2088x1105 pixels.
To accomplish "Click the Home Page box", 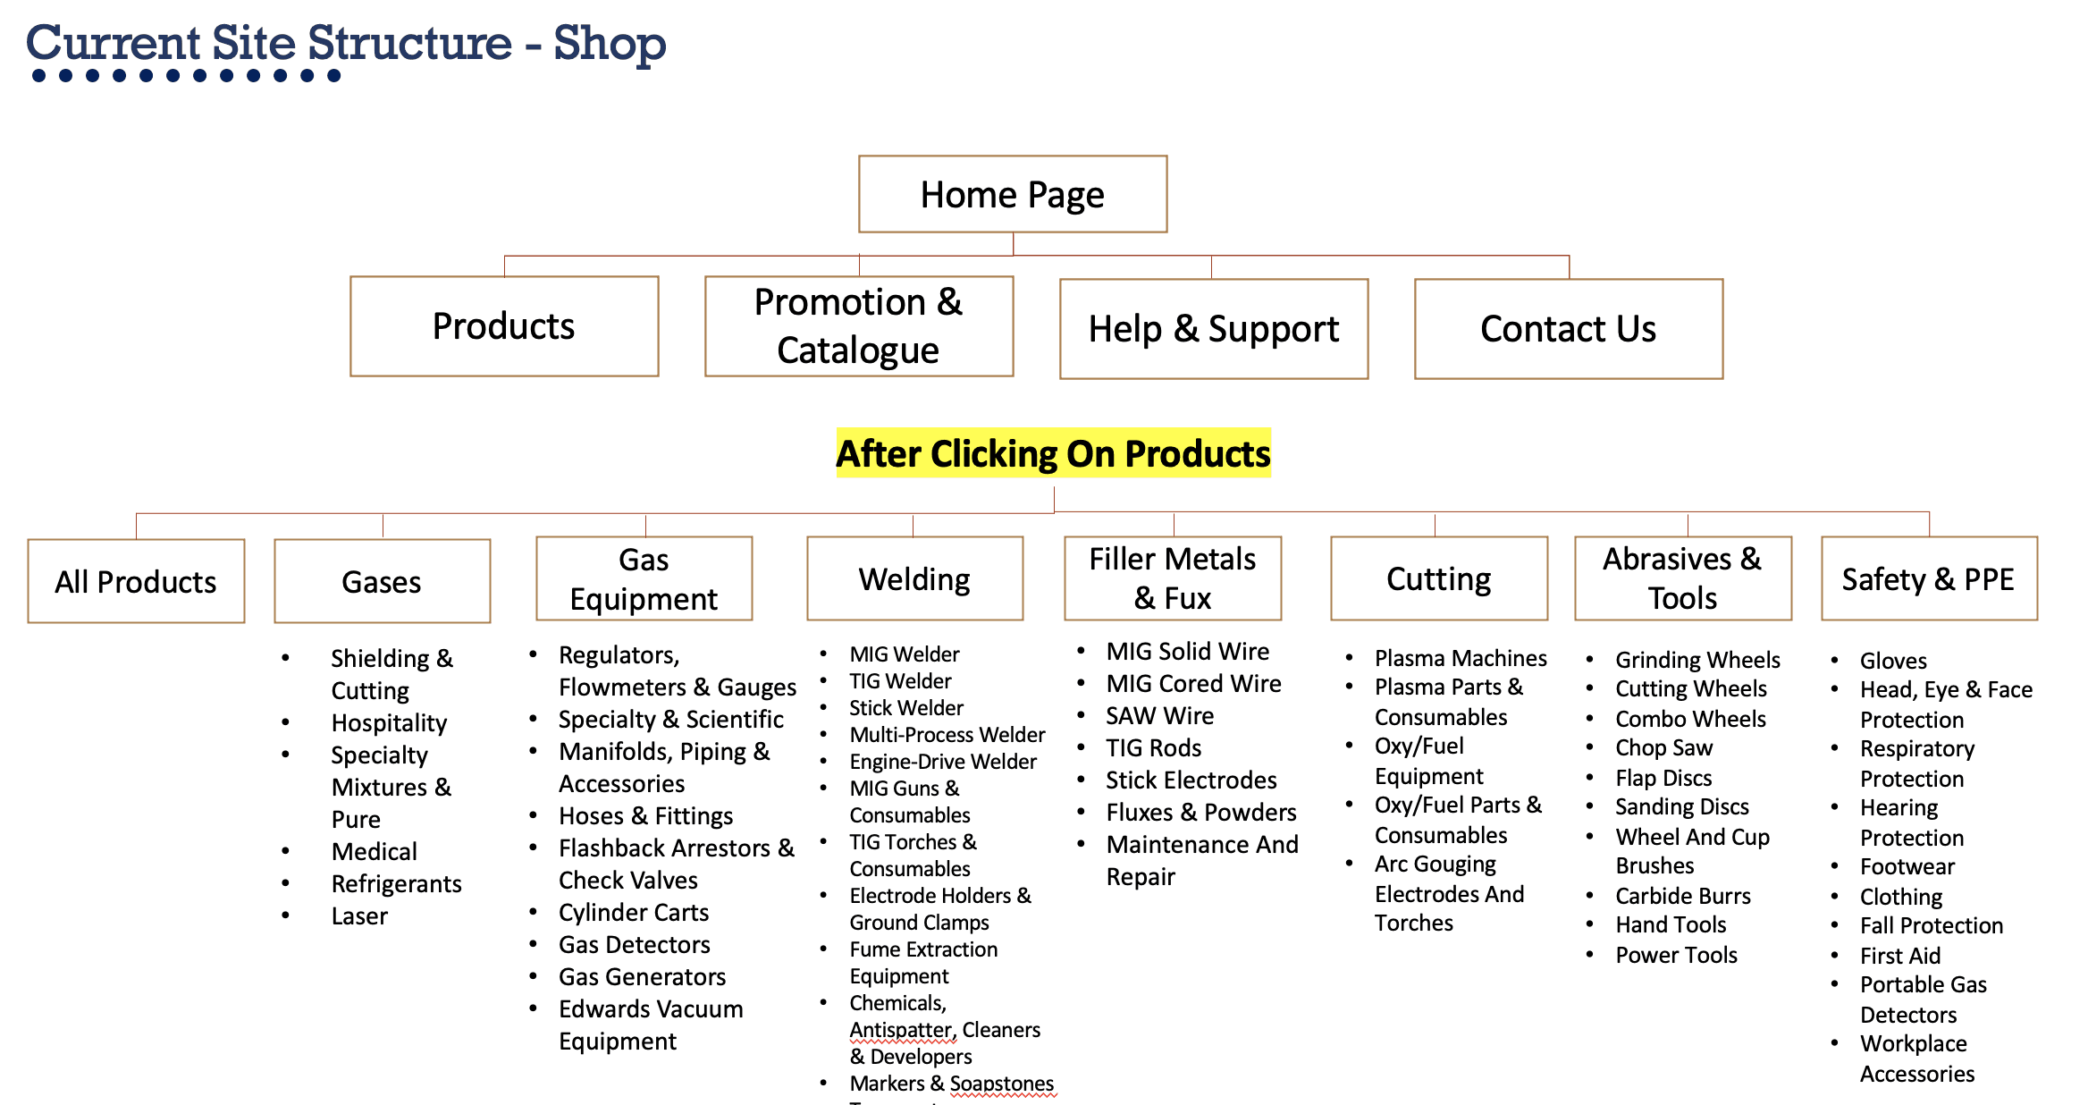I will (x=1012, y=194).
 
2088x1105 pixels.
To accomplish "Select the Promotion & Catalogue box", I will (x=858, y=326).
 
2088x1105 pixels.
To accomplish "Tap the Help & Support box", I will (x=1213, y=329).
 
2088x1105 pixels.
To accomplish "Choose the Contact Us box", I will (x=1568, y=329).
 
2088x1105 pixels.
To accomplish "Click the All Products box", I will (x=136, y=581).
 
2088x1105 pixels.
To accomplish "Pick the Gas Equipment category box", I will (x=644, y=578).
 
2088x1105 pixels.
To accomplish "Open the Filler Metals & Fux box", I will (x=1172, y=578).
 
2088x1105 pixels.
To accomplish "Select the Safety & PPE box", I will (x=1928, y=578).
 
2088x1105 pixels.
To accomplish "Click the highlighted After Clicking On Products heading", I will (x=1053, y=453).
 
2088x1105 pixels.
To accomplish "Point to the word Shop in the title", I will (x=610, y=43).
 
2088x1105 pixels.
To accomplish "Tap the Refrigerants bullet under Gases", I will (x=396, y=883).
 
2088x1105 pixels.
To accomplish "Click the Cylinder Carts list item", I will (x=633, y=912).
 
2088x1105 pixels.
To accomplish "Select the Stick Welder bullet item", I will (x=905, y=708).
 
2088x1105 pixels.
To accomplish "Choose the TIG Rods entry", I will (x=1153, y=747).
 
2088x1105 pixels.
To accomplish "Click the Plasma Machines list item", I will (x=1460, y=658).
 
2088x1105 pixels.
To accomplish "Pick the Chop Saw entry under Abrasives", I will (x=1663, y=747).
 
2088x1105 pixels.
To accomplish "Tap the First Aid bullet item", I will (x=1899, y=955).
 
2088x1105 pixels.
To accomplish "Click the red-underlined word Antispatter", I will (x=902, y=1030).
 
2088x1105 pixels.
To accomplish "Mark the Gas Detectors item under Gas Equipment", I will (x=634, y=944).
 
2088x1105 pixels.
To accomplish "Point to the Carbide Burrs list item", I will (x=1682, y=896).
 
